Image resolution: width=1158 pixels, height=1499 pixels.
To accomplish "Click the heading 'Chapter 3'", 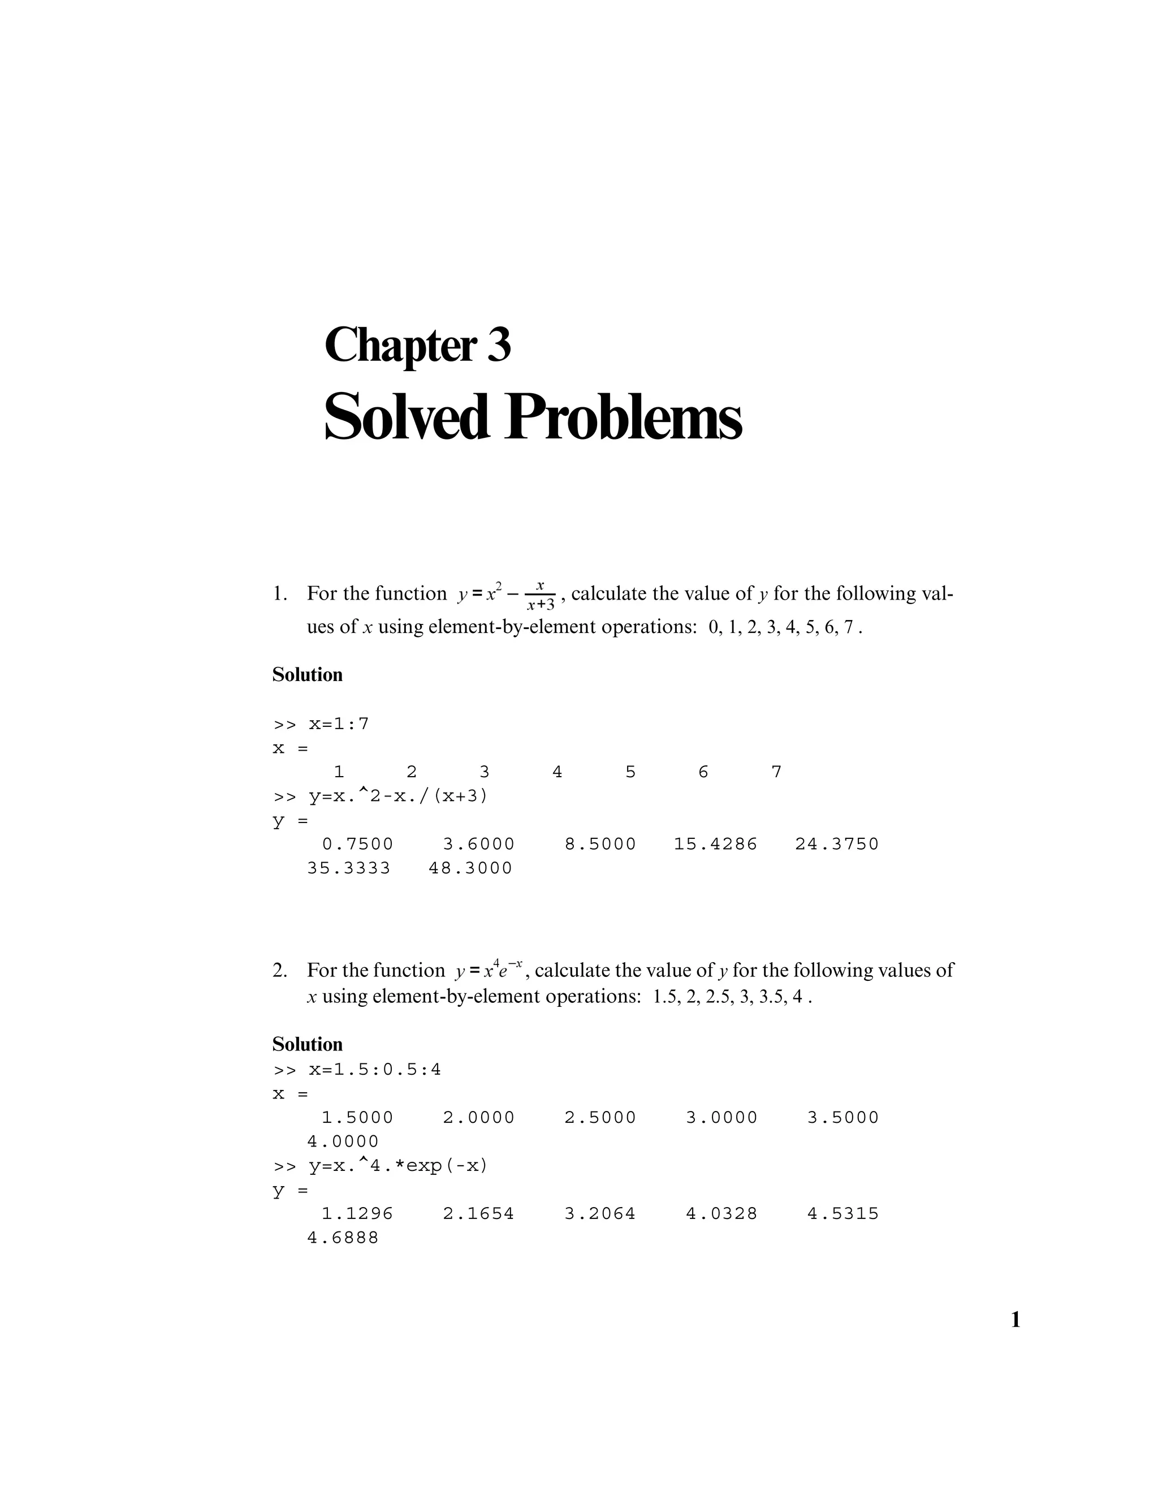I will point(417,345).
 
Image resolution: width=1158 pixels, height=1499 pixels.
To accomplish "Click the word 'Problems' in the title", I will point(623,417).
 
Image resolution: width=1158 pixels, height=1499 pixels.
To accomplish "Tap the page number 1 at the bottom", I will point(1016,1320).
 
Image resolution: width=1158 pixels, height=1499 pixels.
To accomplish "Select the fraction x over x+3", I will point(541,595).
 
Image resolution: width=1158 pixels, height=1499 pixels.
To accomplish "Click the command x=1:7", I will point(338,724).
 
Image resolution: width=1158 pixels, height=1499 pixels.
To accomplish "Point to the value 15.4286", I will point(715,844).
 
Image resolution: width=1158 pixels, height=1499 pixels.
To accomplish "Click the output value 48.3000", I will point(470,868).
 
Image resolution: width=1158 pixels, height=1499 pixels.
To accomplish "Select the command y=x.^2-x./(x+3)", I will point(398,796).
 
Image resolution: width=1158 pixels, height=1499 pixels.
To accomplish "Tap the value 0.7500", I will point(357,844).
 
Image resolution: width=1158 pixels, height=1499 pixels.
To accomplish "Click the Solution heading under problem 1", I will point(308,675).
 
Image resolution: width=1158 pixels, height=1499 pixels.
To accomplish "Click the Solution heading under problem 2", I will point(308,1044).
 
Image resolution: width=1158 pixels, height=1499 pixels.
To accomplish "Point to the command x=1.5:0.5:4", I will point(374,1069).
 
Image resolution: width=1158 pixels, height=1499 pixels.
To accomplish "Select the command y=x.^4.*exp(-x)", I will point(398,1165).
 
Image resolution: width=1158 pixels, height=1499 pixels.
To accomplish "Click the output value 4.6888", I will point(342,1238).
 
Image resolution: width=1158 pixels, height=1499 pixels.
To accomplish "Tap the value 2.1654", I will point(478,1213).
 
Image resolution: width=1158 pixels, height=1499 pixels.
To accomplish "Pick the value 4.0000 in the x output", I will point(342,1142).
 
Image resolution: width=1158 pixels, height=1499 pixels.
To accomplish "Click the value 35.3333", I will point(348,868).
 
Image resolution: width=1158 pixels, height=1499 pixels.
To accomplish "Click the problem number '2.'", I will point(280,971).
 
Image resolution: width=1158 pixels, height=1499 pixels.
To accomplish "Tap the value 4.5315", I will point(842,1213).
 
